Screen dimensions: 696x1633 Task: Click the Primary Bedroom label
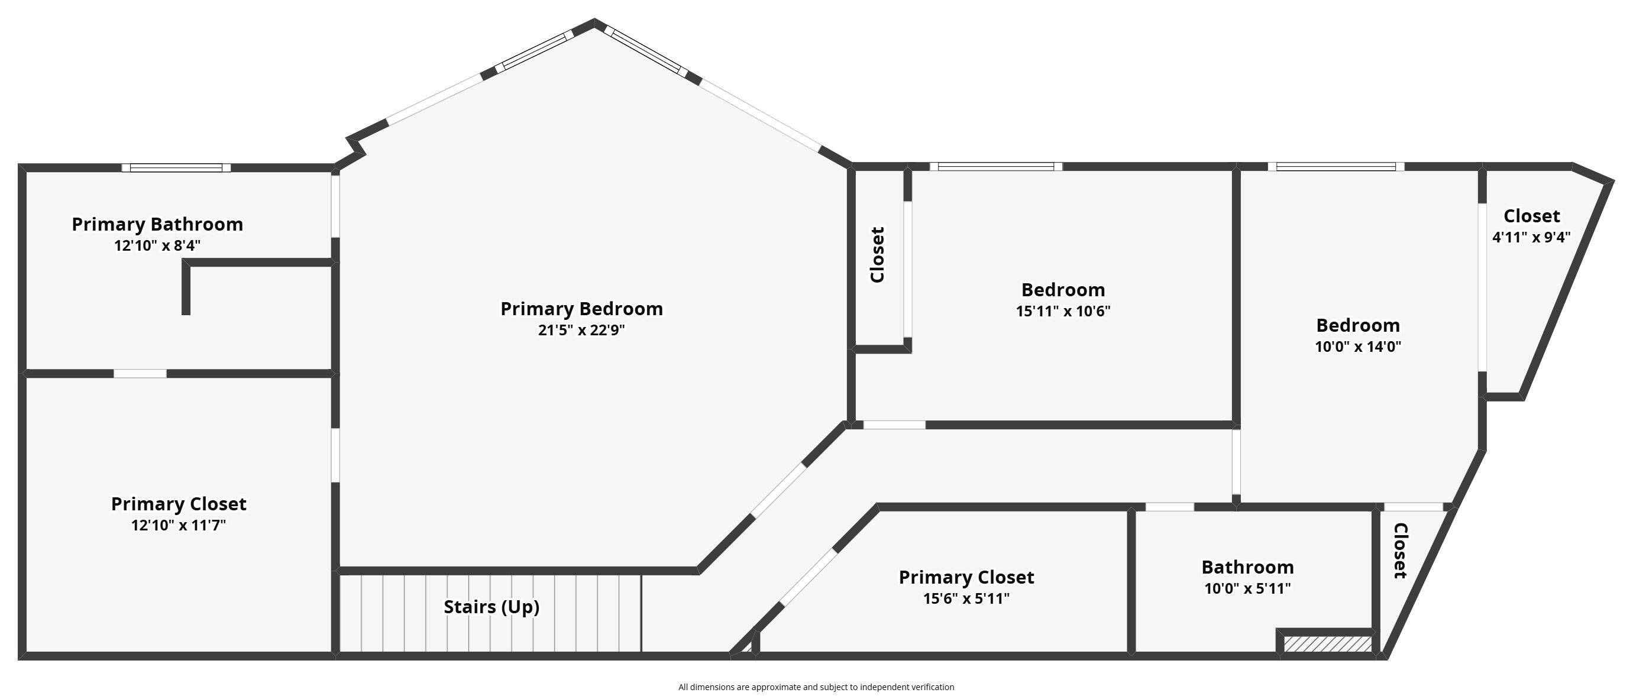pos(581,309)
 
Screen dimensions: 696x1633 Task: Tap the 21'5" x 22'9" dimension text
pos(581,330)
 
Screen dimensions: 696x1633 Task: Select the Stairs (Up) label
pos(491,607)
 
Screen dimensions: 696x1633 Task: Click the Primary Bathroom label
pos(157,224)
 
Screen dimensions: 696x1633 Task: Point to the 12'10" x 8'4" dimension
pos(157,246)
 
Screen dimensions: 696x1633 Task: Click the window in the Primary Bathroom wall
pos(176,168)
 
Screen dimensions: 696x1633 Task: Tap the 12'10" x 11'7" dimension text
pos(178,526)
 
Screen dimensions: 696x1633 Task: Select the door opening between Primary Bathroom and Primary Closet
pos(140,374)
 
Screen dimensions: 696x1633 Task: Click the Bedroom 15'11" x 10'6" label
pos(1063,290)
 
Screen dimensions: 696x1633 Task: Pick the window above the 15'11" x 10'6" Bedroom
pos(996,167)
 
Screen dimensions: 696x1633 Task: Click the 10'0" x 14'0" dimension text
pos(1358,347)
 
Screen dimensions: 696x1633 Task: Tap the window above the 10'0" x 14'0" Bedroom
pos(1335,167)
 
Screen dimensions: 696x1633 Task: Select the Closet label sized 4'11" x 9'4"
pos(1532,216)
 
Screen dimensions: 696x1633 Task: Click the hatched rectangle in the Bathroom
pos(1327,645)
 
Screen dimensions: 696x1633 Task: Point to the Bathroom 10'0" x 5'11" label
pos(1247,567)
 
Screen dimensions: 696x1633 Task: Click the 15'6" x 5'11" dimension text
pos(966,599)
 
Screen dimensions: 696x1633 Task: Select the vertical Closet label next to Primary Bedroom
pos(877,255)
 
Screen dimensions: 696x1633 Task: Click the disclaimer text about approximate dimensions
pos(816,687)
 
